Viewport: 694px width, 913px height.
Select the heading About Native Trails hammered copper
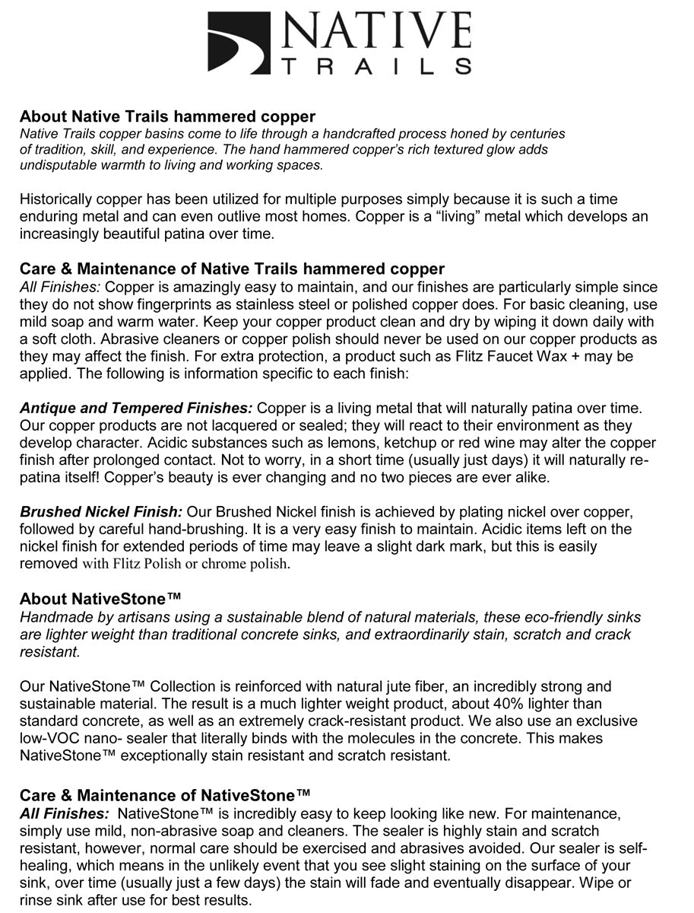pyautogui.click(x=167, y=116)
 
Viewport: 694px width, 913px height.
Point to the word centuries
pyautogui.click(x=534, y=133)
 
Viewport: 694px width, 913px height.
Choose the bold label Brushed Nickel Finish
pyautogui.click(x=101, y=512)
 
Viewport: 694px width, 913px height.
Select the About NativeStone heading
pyautogui.click(x=100, y=599)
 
